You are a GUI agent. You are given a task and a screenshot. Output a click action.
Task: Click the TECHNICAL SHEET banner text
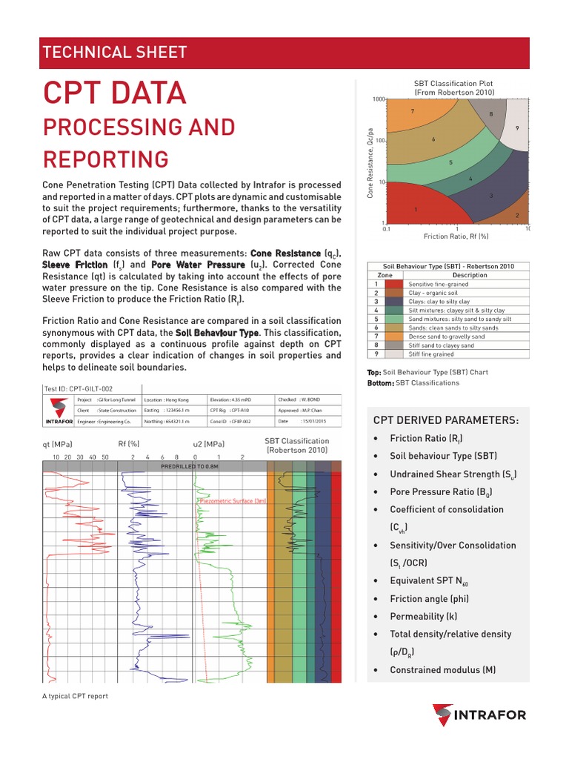[114, 52]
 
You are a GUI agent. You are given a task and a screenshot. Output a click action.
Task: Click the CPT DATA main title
[115, 93]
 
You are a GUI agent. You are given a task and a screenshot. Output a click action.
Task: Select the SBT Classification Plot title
[454, 88]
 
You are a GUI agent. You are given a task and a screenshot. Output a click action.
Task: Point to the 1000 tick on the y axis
[379, 99]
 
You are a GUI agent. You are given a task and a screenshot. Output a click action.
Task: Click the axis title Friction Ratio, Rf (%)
[456, 236]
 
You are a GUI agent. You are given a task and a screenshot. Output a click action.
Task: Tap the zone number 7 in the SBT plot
[412, 111]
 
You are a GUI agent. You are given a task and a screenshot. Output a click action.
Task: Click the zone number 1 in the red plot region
[416, 210]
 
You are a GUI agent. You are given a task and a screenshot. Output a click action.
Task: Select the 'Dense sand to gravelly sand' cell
[445, 337]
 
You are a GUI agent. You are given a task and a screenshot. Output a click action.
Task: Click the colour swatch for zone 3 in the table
[394, 302]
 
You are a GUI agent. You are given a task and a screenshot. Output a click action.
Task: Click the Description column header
[470, 275]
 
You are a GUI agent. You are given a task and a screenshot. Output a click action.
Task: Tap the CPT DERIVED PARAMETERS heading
[445, 420]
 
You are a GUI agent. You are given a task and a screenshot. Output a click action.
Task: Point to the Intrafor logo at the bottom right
[479, 715]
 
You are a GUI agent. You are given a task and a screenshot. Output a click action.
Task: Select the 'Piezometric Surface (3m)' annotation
[233, 501]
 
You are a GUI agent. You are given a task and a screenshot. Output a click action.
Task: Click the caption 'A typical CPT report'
[75, 696]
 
